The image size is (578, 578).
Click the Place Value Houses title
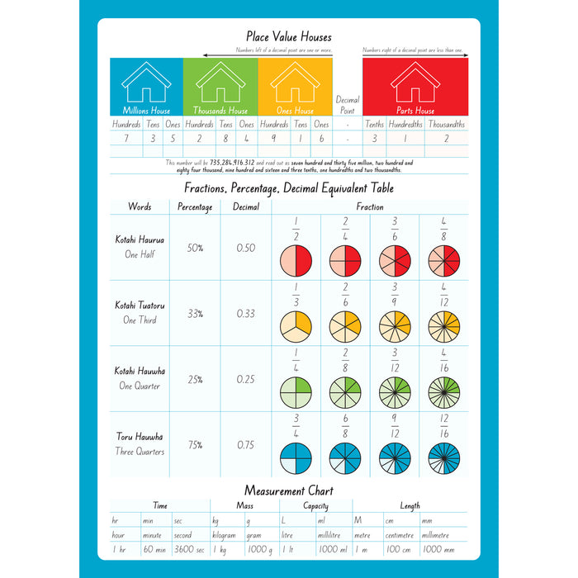(x=289, y=36)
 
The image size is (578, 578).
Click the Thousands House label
(x=220, y=111)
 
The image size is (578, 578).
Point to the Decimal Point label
(x=348, y=105)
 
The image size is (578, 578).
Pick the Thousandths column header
(x=447, y=125)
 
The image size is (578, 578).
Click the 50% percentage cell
(x=196, y=248)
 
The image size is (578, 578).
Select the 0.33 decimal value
(x=246, y=314)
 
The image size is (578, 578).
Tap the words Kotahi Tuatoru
(x=140, y=306)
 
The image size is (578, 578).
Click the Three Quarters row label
(x=140, y=452)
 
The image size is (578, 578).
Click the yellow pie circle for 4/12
(x=444, y=326)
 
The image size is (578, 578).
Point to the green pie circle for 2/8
(x=345, y=391)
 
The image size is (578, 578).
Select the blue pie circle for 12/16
(x=444, y=457)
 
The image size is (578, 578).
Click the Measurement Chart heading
(x=289, y=490)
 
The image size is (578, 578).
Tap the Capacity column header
(x=315, y=506)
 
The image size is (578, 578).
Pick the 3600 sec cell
(x=188, y=549)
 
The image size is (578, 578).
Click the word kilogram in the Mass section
(x=225, y=535)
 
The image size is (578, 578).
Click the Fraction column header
(x=370, y=206)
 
